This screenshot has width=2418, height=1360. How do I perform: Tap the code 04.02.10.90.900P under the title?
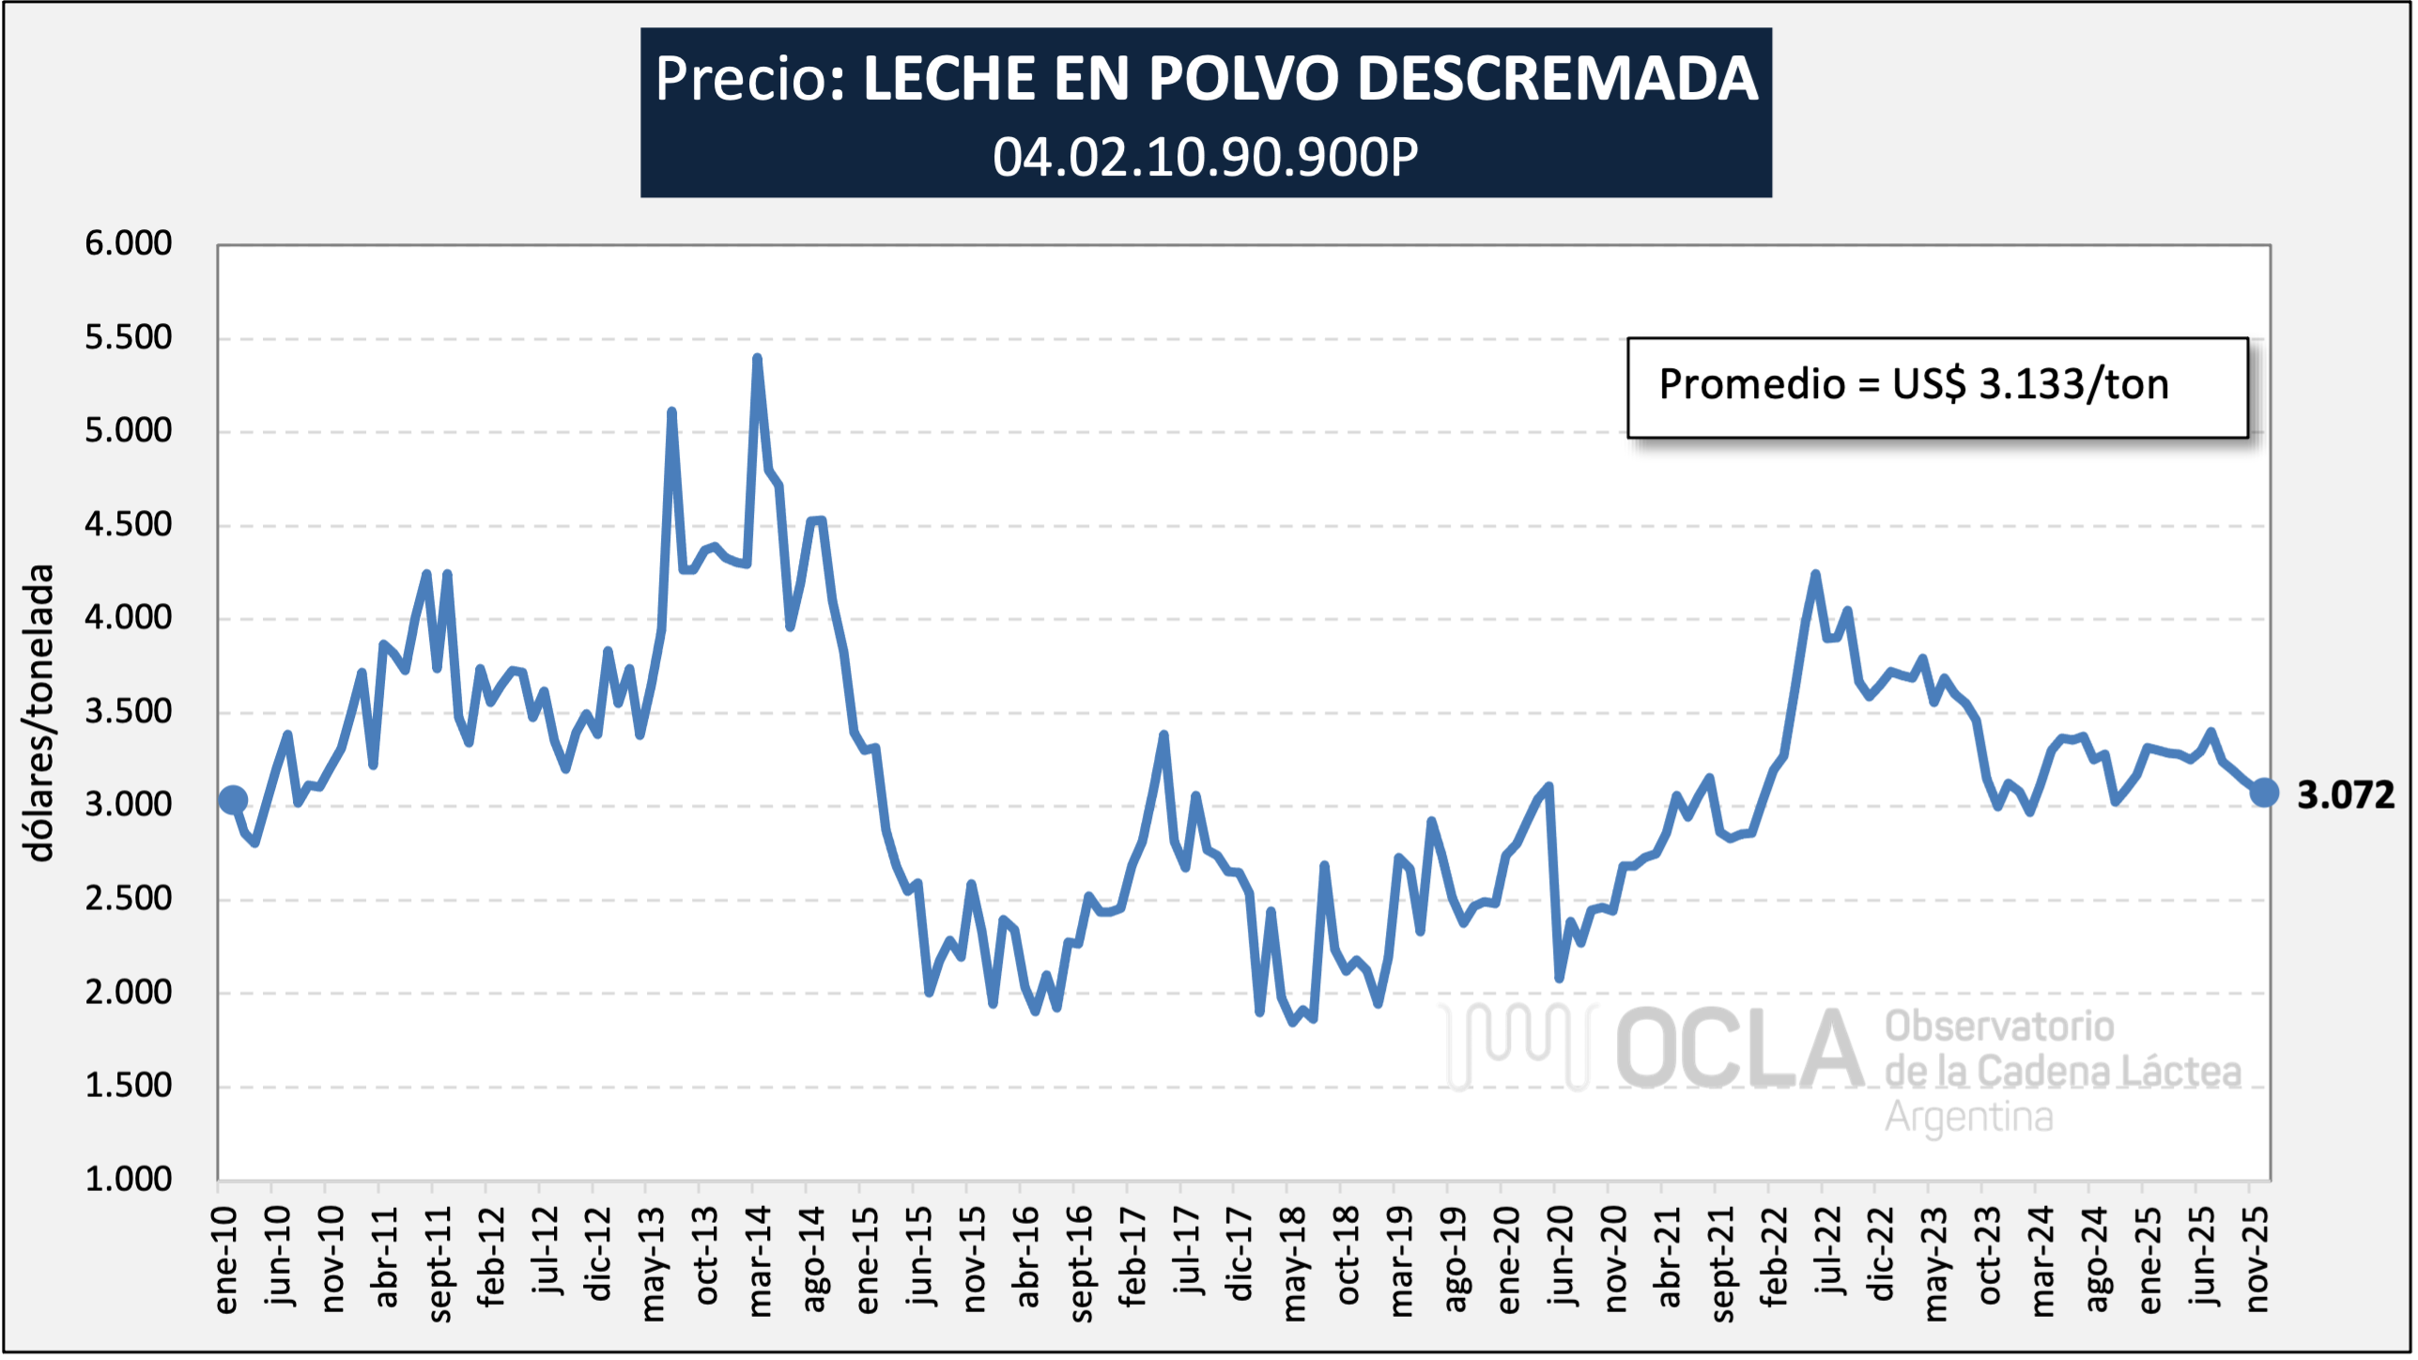pyautogui.click(x=1206, y=157)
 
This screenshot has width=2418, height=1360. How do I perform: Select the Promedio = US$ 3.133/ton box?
pyautogui.click(x=1936, y=387)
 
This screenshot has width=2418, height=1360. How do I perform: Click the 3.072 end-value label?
pyautogui.click(x=2345, y=796)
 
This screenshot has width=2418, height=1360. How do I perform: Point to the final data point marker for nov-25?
pyautogui.click(x=2264, y=793)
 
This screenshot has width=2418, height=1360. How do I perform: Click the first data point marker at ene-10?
pyautogui.click(x=233, y=800)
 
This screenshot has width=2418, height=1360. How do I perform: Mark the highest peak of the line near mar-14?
pyautogui.click(x=757, y=358)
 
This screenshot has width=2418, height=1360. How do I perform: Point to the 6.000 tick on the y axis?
pyautogui.click(x=129, y=243)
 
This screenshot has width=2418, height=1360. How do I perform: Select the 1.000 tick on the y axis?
pyautogui.click(x=129, y=1179)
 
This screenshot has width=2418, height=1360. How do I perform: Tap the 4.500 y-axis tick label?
pyautogui.click(x=129, y=524)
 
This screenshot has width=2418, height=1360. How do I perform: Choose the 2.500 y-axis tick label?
pyautogui.click(x=129, y=898)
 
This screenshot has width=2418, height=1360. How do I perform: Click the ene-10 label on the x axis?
pyautogui.click(x=225, y=1260)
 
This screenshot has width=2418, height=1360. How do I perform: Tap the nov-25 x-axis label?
pyautogui.click(x=2256, y=1259)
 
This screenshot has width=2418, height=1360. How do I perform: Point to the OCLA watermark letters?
pyautogui.click(x=1737, y=1049)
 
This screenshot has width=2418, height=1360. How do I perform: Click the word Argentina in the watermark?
pyautogui.click(x=1968, y=1118)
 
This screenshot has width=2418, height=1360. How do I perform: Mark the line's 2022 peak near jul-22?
pyautogui.click(x=1815, y=574)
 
